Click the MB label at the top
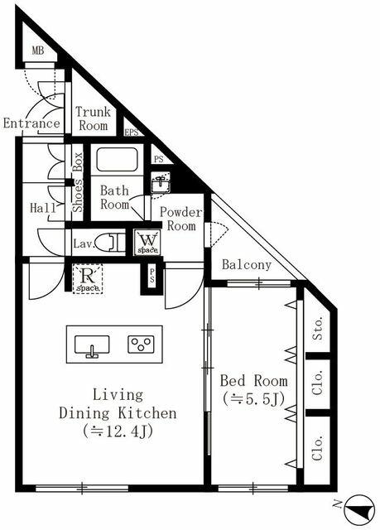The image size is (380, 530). pyautogui.click(x=37, y=51)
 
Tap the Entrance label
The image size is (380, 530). pyautogui.click(x=31, y=124)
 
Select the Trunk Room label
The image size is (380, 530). pyautogui.click(x=92, y=119)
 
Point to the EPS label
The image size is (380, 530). pyautogui.click(x=131, y=132)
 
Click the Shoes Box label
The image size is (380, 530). pyautogui.click(x=77, y=183)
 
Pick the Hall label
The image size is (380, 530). pyautogui.click(x=41, y=208)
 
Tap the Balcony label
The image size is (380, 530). pyautogui.click(x=247, y=265)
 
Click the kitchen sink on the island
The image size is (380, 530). pyautogui.click(x=91, y=344)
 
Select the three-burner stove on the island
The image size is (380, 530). pyautogui.click(x=139, y=344)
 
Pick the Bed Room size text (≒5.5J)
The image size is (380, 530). pyautogui.click(x=253, y=400)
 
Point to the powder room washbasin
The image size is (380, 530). pyautogui.click(x=159, y=181)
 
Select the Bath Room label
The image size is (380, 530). pyautogui.click(x=115, y=197)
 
